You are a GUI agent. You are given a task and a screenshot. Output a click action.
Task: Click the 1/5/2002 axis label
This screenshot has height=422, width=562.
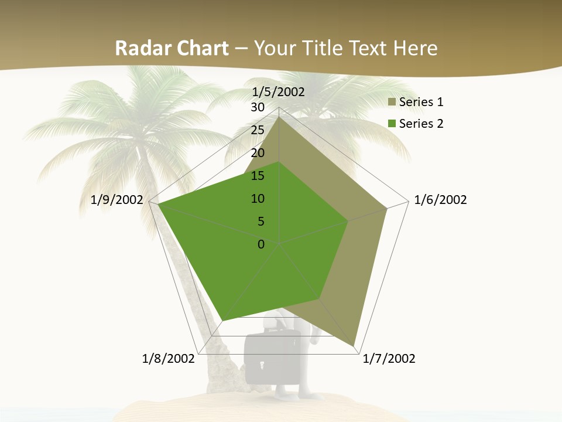[x=279, y=92]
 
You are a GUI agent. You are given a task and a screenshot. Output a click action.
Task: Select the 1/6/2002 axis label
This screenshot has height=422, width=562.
[x=440, y=200]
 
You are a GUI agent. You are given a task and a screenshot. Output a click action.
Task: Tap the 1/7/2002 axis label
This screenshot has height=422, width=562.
[x=389, y=359]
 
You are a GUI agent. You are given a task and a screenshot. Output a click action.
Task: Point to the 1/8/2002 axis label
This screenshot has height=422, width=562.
[x=169, y=359]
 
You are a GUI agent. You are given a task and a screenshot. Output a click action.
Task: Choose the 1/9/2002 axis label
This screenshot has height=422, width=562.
[x=117, y=200]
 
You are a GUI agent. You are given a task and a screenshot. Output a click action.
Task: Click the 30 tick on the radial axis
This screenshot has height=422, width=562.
[x=258, y=107]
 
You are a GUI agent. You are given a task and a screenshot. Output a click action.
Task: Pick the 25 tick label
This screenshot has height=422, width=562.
[x=258, y=130]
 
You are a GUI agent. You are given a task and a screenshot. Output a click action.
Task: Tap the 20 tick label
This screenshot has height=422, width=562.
[x=258, y=153]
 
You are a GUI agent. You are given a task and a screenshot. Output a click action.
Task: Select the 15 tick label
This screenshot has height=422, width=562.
[x=258, y=176]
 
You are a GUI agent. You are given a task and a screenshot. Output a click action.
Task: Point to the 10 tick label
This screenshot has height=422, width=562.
[x=258, y=199]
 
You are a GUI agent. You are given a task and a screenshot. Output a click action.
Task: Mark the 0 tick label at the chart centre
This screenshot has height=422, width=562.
[x=261, y=244]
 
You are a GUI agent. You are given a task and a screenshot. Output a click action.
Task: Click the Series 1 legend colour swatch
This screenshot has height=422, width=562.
[x=392, y=103]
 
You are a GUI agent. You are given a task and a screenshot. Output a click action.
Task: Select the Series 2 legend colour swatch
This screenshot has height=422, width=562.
[x=392, y=124]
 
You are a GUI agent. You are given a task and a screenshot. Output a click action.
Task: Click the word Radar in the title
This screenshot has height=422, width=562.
[x=138, y=48]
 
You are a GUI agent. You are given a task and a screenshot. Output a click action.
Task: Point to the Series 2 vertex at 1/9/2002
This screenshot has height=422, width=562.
[x=159, y=205]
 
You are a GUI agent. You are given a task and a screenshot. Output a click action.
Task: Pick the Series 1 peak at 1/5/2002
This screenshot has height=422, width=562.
[x=279, y=116]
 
